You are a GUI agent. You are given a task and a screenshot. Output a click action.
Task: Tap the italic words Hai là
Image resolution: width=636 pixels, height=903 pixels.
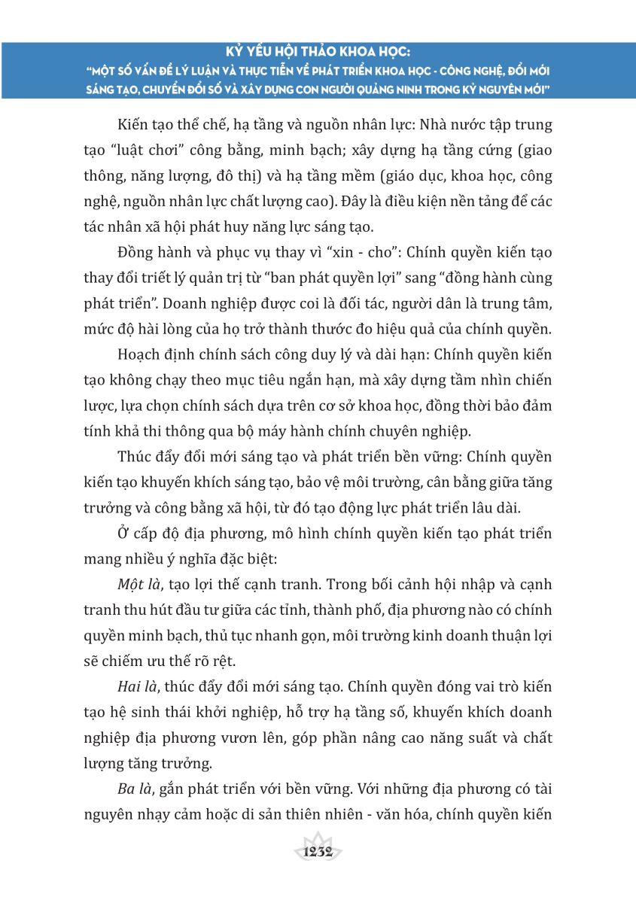(x=138, y=687)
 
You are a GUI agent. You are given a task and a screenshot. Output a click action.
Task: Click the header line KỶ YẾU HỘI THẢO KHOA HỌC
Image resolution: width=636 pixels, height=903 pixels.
(x=318, y=53)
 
